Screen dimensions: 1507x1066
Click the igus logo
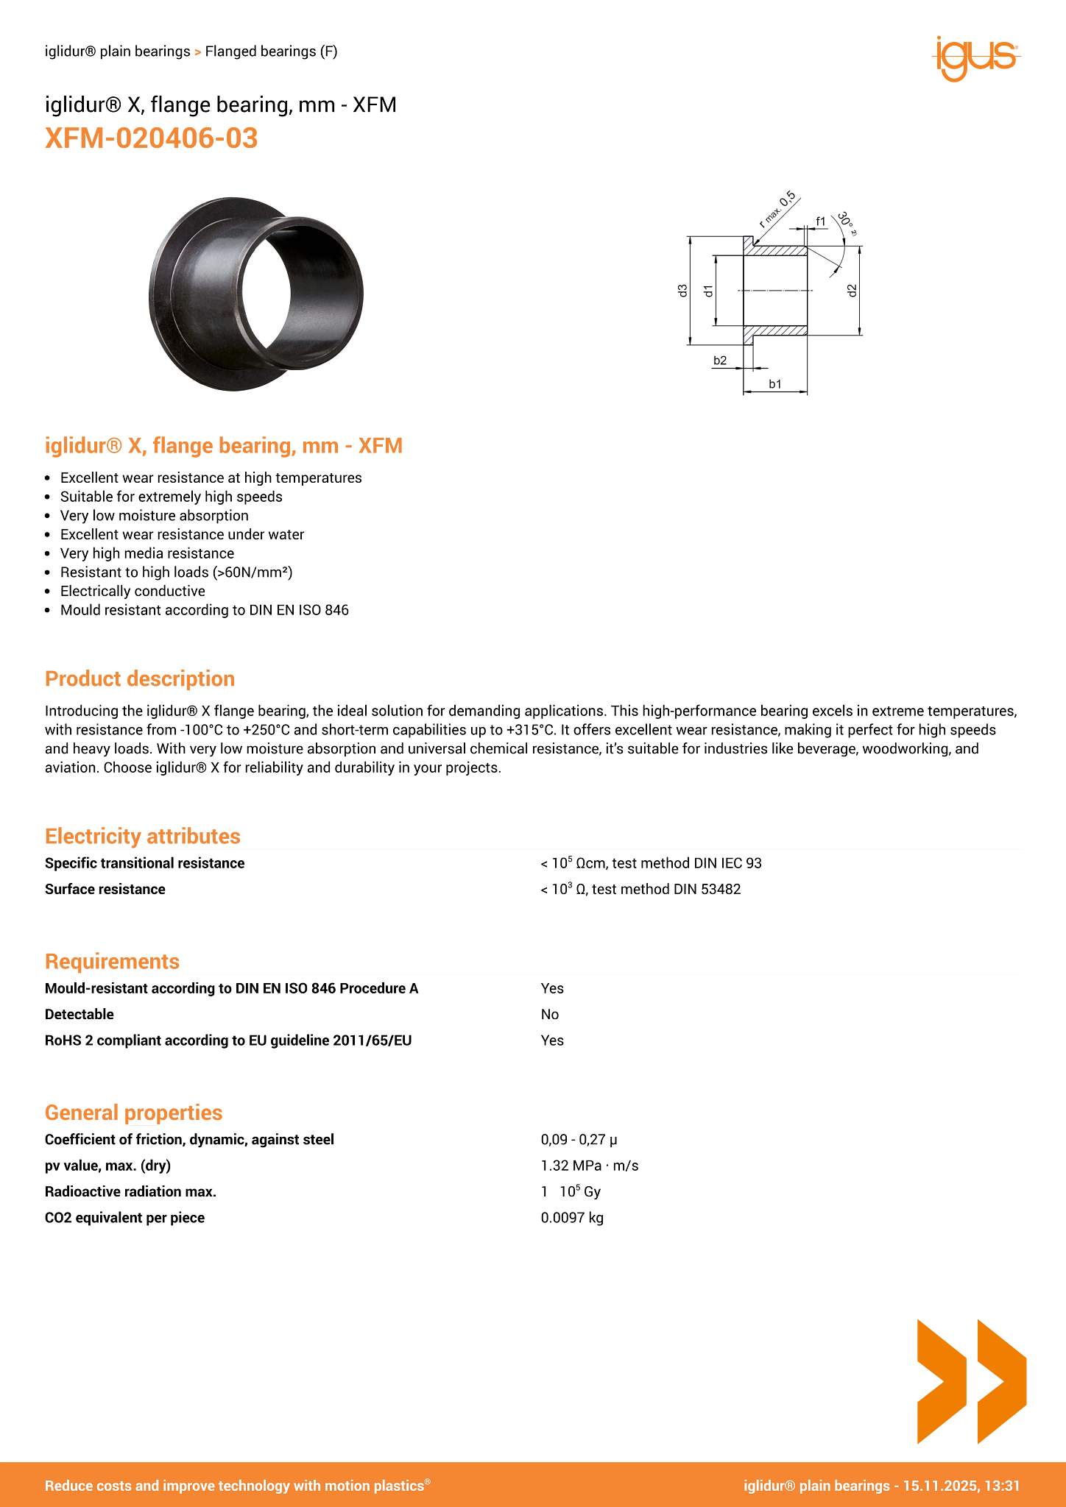point(976,57)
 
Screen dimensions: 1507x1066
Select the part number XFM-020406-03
point(152,138)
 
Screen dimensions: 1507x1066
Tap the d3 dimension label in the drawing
point(682,290)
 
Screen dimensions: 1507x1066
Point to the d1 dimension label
point(708,290)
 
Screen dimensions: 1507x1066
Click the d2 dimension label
point(852,290)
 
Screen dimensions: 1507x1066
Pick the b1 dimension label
point(775,383)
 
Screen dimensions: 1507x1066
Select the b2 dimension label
point(720,360)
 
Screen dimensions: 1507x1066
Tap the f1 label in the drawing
point(821,221)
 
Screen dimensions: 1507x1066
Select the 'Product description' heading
point(140,678)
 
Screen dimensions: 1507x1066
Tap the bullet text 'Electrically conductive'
point(133,591)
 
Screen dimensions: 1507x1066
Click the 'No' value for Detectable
point(550,1014)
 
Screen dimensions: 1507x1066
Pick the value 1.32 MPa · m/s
point(590,1165)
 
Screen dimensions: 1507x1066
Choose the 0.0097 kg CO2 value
point(572,1217)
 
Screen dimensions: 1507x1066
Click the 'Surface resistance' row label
point(105,889)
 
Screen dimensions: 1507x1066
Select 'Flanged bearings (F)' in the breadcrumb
point(271,52)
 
